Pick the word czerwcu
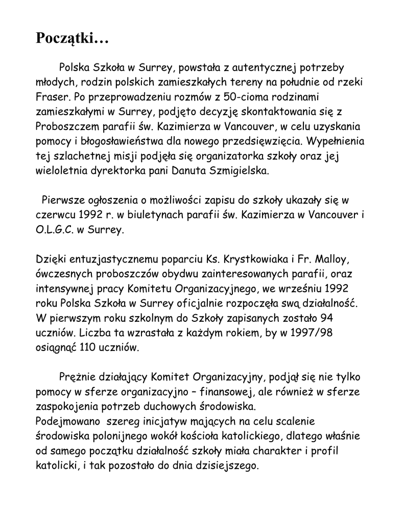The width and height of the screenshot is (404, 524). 54,215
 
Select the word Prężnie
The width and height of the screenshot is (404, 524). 76,378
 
